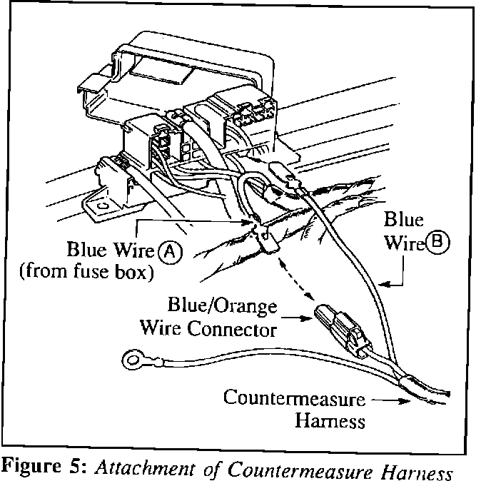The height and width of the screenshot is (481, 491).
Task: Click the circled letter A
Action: (169, 251)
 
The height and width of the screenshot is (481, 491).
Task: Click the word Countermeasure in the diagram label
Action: (293, 398)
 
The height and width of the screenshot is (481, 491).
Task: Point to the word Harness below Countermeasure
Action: (330, 420)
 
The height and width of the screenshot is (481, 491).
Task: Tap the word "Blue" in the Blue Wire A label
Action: (84, 251)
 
